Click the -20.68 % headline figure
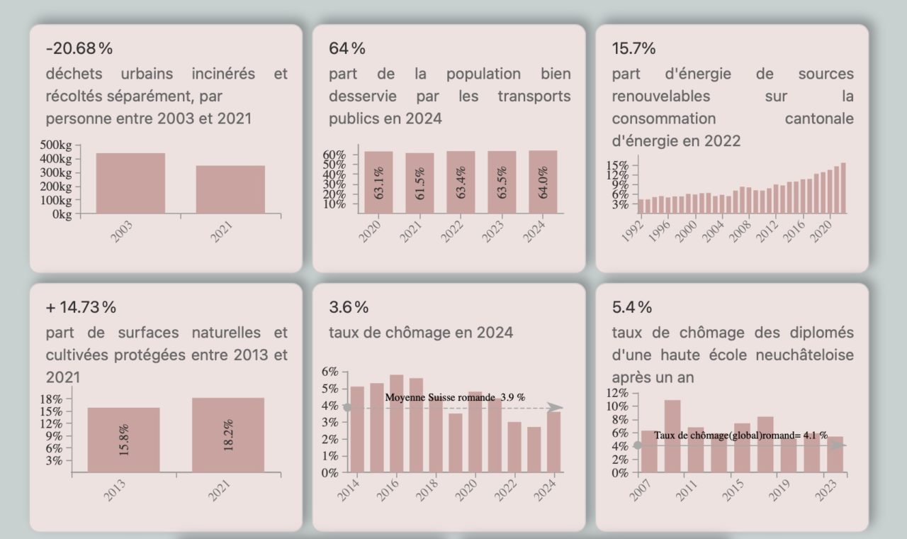[79, 48]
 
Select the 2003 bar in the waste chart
[130, 183]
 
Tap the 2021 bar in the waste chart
[230, 189]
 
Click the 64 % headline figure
[347, 48]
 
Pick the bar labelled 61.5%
[419, 183]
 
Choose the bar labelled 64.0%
[543, 182]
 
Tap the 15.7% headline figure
[633, 48]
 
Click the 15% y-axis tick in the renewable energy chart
[617, 166]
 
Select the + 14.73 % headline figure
[81, 307]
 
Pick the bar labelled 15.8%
[123, 440]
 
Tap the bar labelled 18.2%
[227, 435]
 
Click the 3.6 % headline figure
[349, 307]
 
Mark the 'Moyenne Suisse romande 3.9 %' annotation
[455, 397]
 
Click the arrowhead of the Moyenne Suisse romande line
[556, 407]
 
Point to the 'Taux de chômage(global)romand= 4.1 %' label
[740, 435]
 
